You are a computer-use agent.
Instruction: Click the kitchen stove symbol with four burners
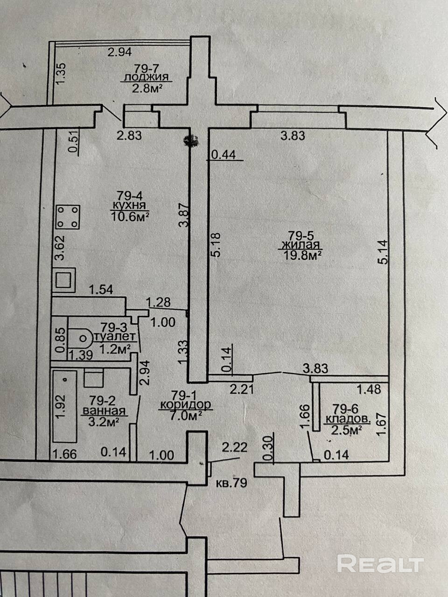68,217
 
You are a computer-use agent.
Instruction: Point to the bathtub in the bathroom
65,406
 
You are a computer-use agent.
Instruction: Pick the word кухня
129,205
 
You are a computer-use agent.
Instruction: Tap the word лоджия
144,78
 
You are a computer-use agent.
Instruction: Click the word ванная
104,411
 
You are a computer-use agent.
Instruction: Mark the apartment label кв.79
231,483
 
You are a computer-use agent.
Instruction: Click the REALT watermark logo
380,564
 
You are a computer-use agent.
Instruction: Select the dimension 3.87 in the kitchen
185,215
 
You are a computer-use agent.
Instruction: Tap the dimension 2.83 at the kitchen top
129,136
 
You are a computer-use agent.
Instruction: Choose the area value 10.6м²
130,215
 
